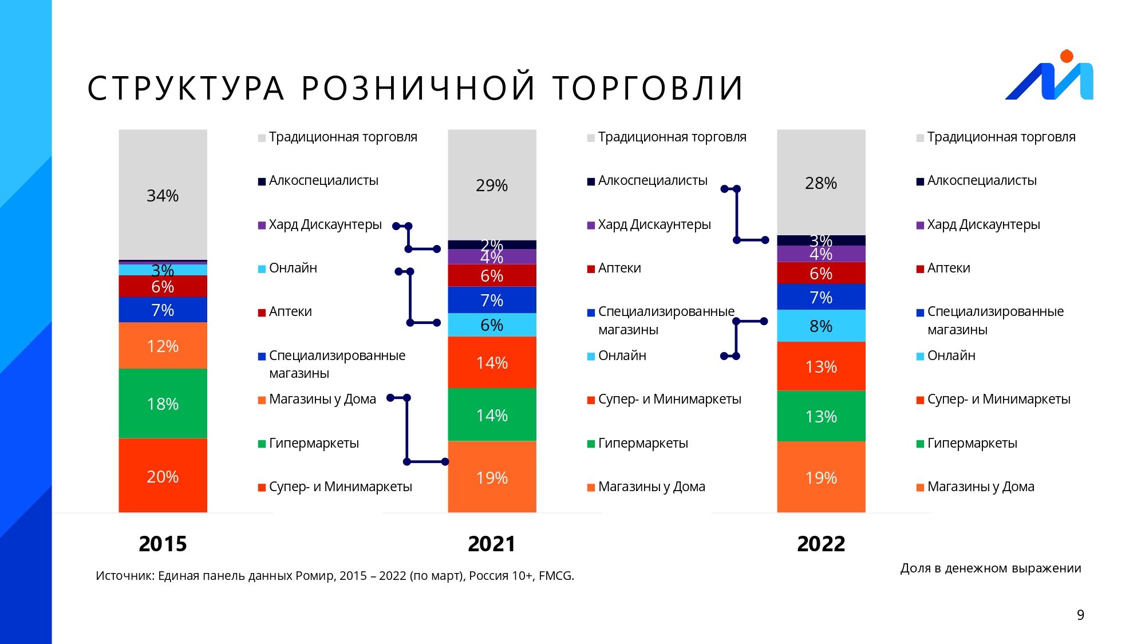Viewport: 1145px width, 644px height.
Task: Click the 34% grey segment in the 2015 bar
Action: (163, 195)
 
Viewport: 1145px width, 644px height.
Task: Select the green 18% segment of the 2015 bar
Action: (163, 404)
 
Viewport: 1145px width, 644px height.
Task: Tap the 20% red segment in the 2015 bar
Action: (163, 476)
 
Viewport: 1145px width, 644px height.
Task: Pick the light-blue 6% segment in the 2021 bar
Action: (492, 325)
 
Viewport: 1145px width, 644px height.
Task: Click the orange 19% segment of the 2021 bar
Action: (492, 477)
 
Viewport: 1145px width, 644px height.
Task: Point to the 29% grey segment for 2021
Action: (492, 185)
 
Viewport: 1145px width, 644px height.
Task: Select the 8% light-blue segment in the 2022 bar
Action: (821, 326)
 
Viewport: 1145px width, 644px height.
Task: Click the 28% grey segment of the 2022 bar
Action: (821, 183)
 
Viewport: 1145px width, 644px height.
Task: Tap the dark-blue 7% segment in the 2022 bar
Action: (821, 297)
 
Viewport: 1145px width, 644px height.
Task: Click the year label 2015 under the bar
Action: (163, 543)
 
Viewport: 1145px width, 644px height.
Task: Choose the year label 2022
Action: (821, 543)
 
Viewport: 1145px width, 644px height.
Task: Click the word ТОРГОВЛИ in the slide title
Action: (647, 88)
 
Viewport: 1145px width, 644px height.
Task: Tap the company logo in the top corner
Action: (1049, 77)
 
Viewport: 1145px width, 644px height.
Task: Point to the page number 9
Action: (1080, 615)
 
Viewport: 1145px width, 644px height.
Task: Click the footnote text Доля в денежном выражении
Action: (990, 568)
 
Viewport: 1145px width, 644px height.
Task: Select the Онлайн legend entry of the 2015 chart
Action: (293, 268)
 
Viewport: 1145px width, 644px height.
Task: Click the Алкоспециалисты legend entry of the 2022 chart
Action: (981, 181)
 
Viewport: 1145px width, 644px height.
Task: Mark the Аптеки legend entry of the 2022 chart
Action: (948, 268)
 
